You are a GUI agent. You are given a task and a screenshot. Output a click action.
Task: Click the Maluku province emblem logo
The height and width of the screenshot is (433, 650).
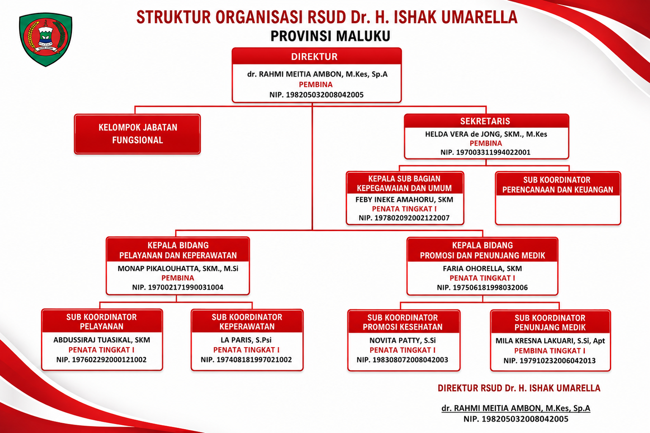46,39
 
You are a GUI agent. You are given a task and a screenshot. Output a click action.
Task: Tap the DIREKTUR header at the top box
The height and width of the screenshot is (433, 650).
314,57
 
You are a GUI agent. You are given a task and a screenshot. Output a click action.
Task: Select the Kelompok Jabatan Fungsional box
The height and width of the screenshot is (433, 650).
137,134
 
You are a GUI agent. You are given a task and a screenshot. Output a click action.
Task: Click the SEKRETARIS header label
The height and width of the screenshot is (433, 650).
485,121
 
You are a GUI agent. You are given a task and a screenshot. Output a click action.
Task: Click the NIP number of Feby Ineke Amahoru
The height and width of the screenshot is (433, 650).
404,218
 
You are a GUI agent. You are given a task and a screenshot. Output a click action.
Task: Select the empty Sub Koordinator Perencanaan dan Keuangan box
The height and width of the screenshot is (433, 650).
558,198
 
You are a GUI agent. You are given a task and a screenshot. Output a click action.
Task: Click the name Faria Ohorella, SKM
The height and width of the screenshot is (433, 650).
482,268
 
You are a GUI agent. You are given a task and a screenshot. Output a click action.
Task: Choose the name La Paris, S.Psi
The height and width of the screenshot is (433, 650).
246,340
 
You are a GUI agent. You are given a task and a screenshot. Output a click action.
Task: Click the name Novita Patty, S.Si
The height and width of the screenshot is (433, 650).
403,340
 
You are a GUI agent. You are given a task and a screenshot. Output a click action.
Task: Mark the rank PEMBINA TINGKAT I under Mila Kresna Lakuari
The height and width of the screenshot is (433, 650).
550,351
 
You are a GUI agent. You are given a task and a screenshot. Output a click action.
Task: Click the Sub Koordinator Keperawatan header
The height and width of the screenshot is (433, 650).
247,322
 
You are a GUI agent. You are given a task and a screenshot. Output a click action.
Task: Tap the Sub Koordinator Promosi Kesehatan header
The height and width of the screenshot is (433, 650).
403,323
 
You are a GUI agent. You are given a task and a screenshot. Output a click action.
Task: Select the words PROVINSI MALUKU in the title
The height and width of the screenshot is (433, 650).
330,36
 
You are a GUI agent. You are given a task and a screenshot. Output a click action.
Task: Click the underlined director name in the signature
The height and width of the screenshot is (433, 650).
516,408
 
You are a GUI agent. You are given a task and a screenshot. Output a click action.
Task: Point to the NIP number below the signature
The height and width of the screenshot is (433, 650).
516,419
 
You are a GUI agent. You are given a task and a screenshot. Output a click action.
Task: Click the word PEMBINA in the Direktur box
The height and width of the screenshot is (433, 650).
316,85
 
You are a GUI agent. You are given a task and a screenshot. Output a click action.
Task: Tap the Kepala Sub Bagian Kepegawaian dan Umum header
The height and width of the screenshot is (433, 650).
404,183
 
